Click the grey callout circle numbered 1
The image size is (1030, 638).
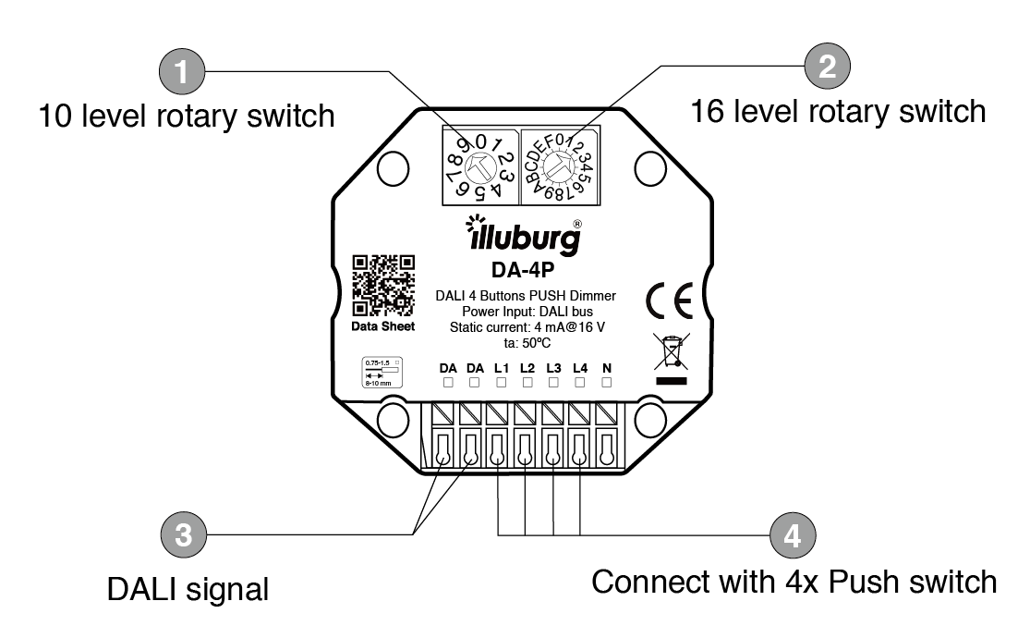tap(183, 70)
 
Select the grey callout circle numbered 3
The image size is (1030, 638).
tap(183, 536)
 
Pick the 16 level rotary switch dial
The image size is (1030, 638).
tap(558, 166)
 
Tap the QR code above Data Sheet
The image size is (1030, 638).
tap(383, 285)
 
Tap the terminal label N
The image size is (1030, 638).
tap(606, 368)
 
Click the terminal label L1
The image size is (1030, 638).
tap(502, 368)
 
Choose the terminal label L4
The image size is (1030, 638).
tap(579, 368)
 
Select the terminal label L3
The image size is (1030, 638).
tap(553, 368)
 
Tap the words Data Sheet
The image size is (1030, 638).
tap(383, 325)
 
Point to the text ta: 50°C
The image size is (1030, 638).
tap(525, 341)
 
